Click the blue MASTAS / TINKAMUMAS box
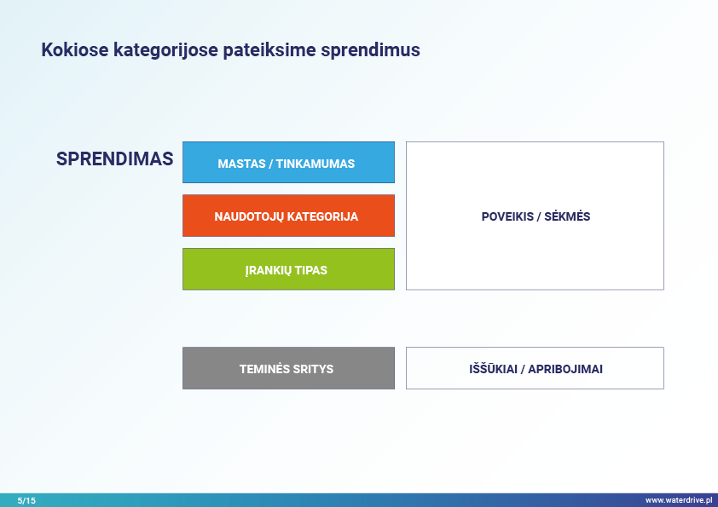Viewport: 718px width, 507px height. (288, 163)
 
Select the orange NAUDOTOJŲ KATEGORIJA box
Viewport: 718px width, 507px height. (288, 216)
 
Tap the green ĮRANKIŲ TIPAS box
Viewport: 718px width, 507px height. (288, 269)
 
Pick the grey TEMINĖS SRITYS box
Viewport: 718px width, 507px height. (288, 368)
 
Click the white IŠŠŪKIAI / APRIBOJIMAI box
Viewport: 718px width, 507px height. (535, 368)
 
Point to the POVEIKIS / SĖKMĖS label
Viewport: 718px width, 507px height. (536, 216)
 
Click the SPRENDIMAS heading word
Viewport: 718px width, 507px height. (114, 158)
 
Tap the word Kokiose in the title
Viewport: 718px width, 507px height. (75, 50)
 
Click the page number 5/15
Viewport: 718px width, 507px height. (26, 500)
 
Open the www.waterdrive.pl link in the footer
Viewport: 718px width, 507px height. (679, 500)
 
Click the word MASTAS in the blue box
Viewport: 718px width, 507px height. (242, 164)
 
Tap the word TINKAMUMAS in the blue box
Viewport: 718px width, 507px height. (315, 164)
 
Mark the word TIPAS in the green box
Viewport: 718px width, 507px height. (311, 270)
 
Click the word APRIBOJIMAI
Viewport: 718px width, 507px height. (565, 369)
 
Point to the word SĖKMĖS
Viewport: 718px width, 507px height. (567, 216)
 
